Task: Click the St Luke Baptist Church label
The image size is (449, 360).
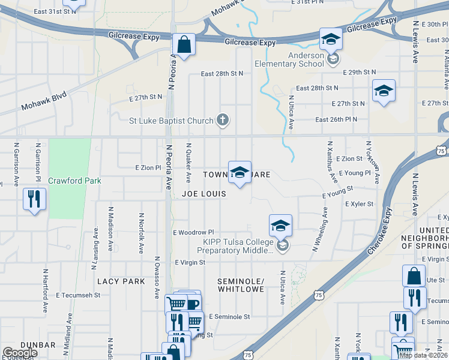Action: (171, 121)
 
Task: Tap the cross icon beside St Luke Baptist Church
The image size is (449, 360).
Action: (223, 120)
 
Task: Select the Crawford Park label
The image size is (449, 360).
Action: (75, 181)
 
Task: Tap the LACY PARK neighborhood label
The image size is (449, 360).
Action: (121, 281)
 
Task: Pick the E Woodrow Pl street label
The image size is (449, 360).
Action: (193, 232)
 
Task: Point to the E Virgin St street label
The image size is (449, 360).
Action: (190, 262)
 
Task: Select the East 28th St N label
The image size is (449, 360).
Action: (222, 74)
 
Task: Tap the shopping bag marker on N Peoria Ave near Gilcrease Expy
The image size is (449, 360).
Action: (184, 44)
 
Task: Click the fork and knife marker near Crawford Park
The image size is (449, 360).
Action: (34, 198)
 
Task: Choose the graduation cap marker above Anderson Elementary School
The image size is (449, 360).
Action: (330, 39)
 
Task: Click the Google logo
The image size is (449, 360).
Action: (20, 352)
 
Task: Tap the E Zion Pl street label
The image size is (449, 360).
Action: (148, 167)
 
